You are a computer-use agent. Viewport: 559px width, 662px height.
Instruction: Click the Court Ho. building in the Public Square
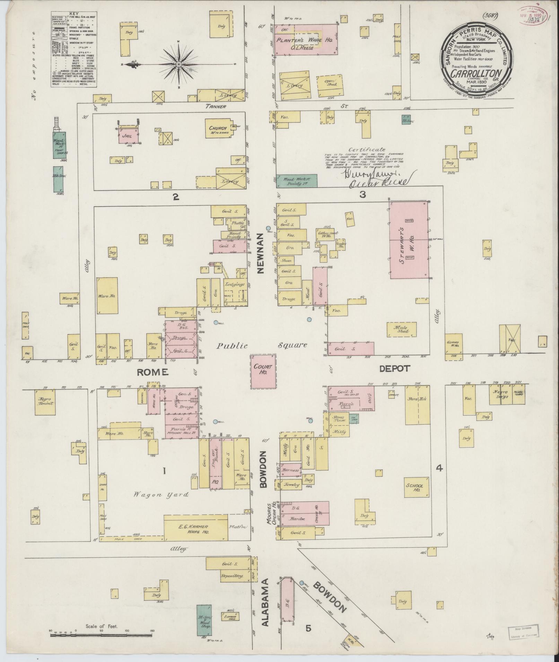tap(264, 371)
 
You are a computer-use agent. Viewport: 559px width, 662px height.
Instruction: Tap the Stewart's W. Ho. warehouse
tap(409, 240)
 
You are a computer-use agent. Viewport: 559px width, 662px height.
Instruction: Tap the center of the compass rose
tap(178, 64)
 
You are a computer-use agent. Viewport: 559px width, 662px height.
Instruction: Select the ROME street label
tap(152, 372)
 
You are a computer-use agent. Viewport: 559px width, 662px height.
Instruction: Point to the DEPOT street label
tap(395, 369)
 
